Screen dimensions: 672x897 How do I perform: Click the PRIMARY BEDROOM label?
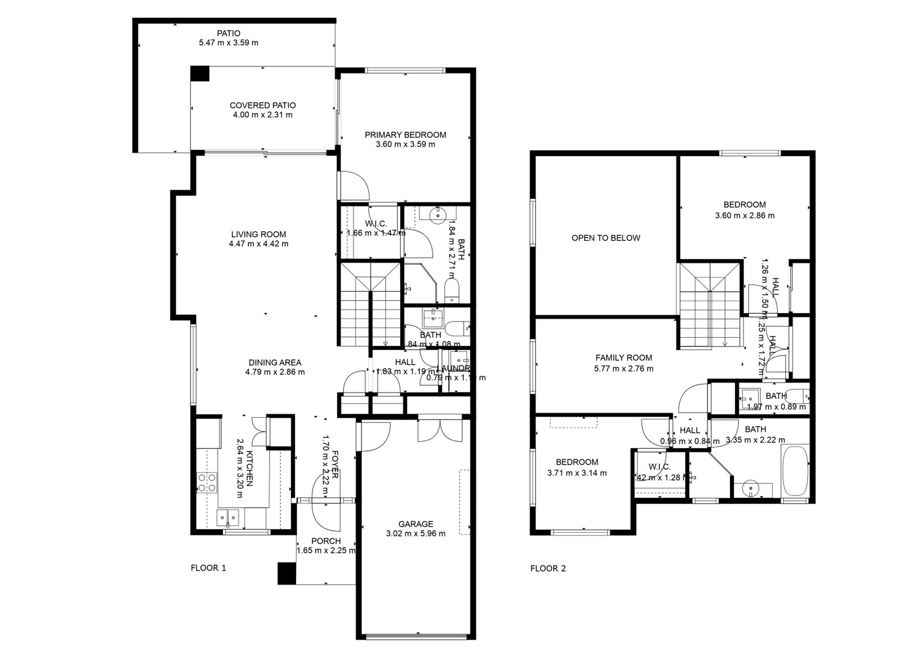[405, 134]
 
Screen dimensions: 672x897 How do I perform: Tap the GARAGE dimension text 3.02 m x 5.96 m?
[415, 533]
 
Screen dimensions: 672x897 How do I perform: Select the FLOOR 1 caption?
[208, 568]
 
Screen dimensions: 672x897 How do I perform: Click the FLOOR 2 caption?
[548, 568]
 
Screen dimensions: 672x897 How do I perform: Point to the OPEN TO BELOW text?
[605, 237]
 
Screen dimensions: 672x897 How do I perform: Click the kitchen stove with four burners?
[207, 482]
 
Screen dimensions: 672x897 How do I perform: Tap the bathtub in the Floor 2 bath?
[794, 470]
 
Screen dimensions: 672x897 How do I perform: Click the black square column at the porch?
[286, 573]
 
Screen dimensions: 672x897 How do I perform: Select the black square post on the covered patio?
[199, 74]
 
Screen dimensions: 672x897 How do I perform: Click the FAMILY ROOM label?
[623, 357]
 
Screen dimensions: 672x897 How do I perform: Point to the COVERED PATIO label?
[262, 105]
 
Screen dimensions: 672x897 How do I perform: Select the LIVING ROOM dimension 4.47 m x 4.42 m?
[258, 244]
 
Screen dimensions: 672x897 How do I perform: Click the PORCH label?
[326, 541]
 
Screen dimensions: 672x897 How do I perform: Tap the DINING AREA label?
[275, 362]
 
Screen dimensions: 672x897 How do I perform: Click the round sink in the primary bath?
[437, 213]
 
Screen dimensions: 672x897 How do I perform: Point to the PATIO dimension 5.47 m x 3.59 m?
[228, 43]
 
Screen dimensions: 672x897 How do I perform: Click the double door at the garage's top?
[441, 428]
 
